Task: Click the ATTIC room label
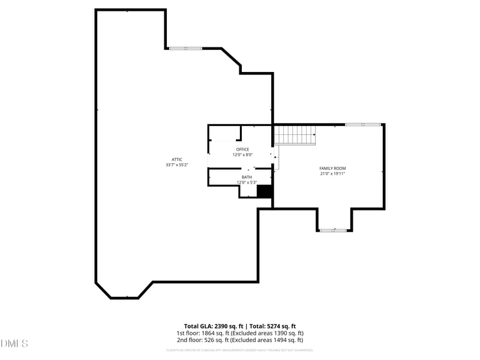177,159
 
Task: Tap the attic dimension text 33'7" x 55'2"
177,165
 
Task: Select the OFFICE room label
242,149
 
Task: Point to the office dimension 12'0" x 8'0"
242,155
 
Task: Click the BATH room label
247,177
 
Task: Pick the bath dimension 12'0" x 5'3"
247,182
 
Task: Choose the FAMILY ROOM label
332,168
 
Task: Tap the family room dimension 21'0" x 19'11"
332,174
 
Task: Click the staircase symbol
295,135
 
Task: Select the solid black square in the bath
265,191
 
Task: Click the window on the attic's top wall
185,48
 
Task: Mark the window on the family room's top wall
362,124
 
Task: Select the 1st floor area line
240,333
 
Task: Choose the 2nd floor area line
240,340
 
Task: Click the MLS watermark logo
14,344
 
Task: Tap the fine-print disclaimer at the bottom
240,350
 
